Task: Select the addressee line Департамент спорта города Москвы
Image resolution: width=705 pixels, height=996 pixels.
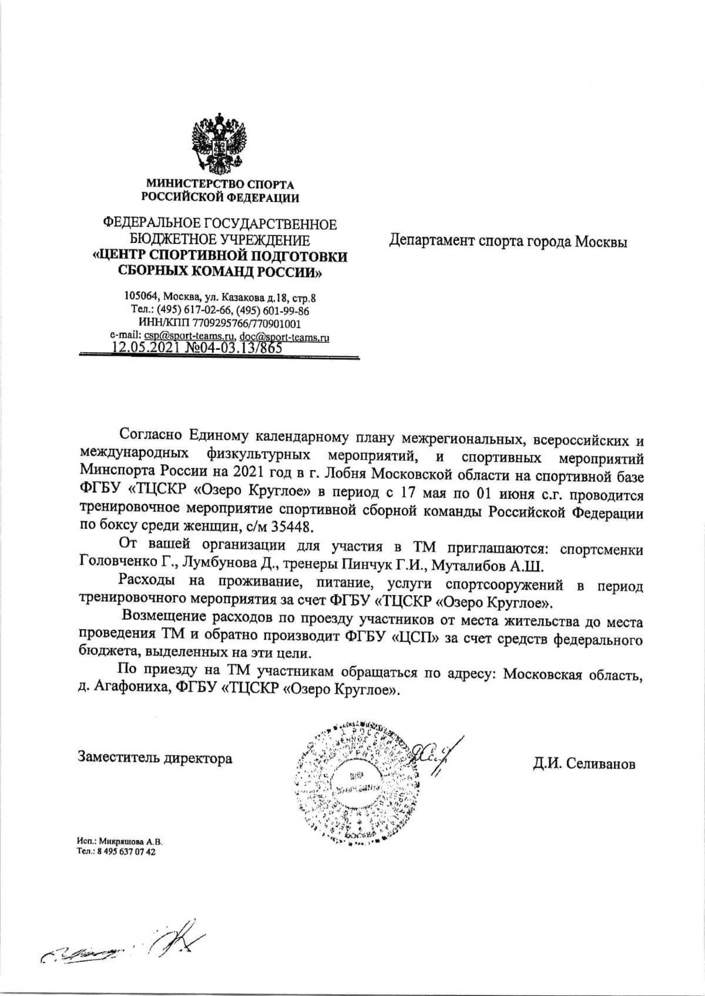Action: [x=509, y=241]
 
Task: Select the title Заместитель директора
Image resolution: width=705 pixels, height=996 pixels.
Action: [x=155, y=758]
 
